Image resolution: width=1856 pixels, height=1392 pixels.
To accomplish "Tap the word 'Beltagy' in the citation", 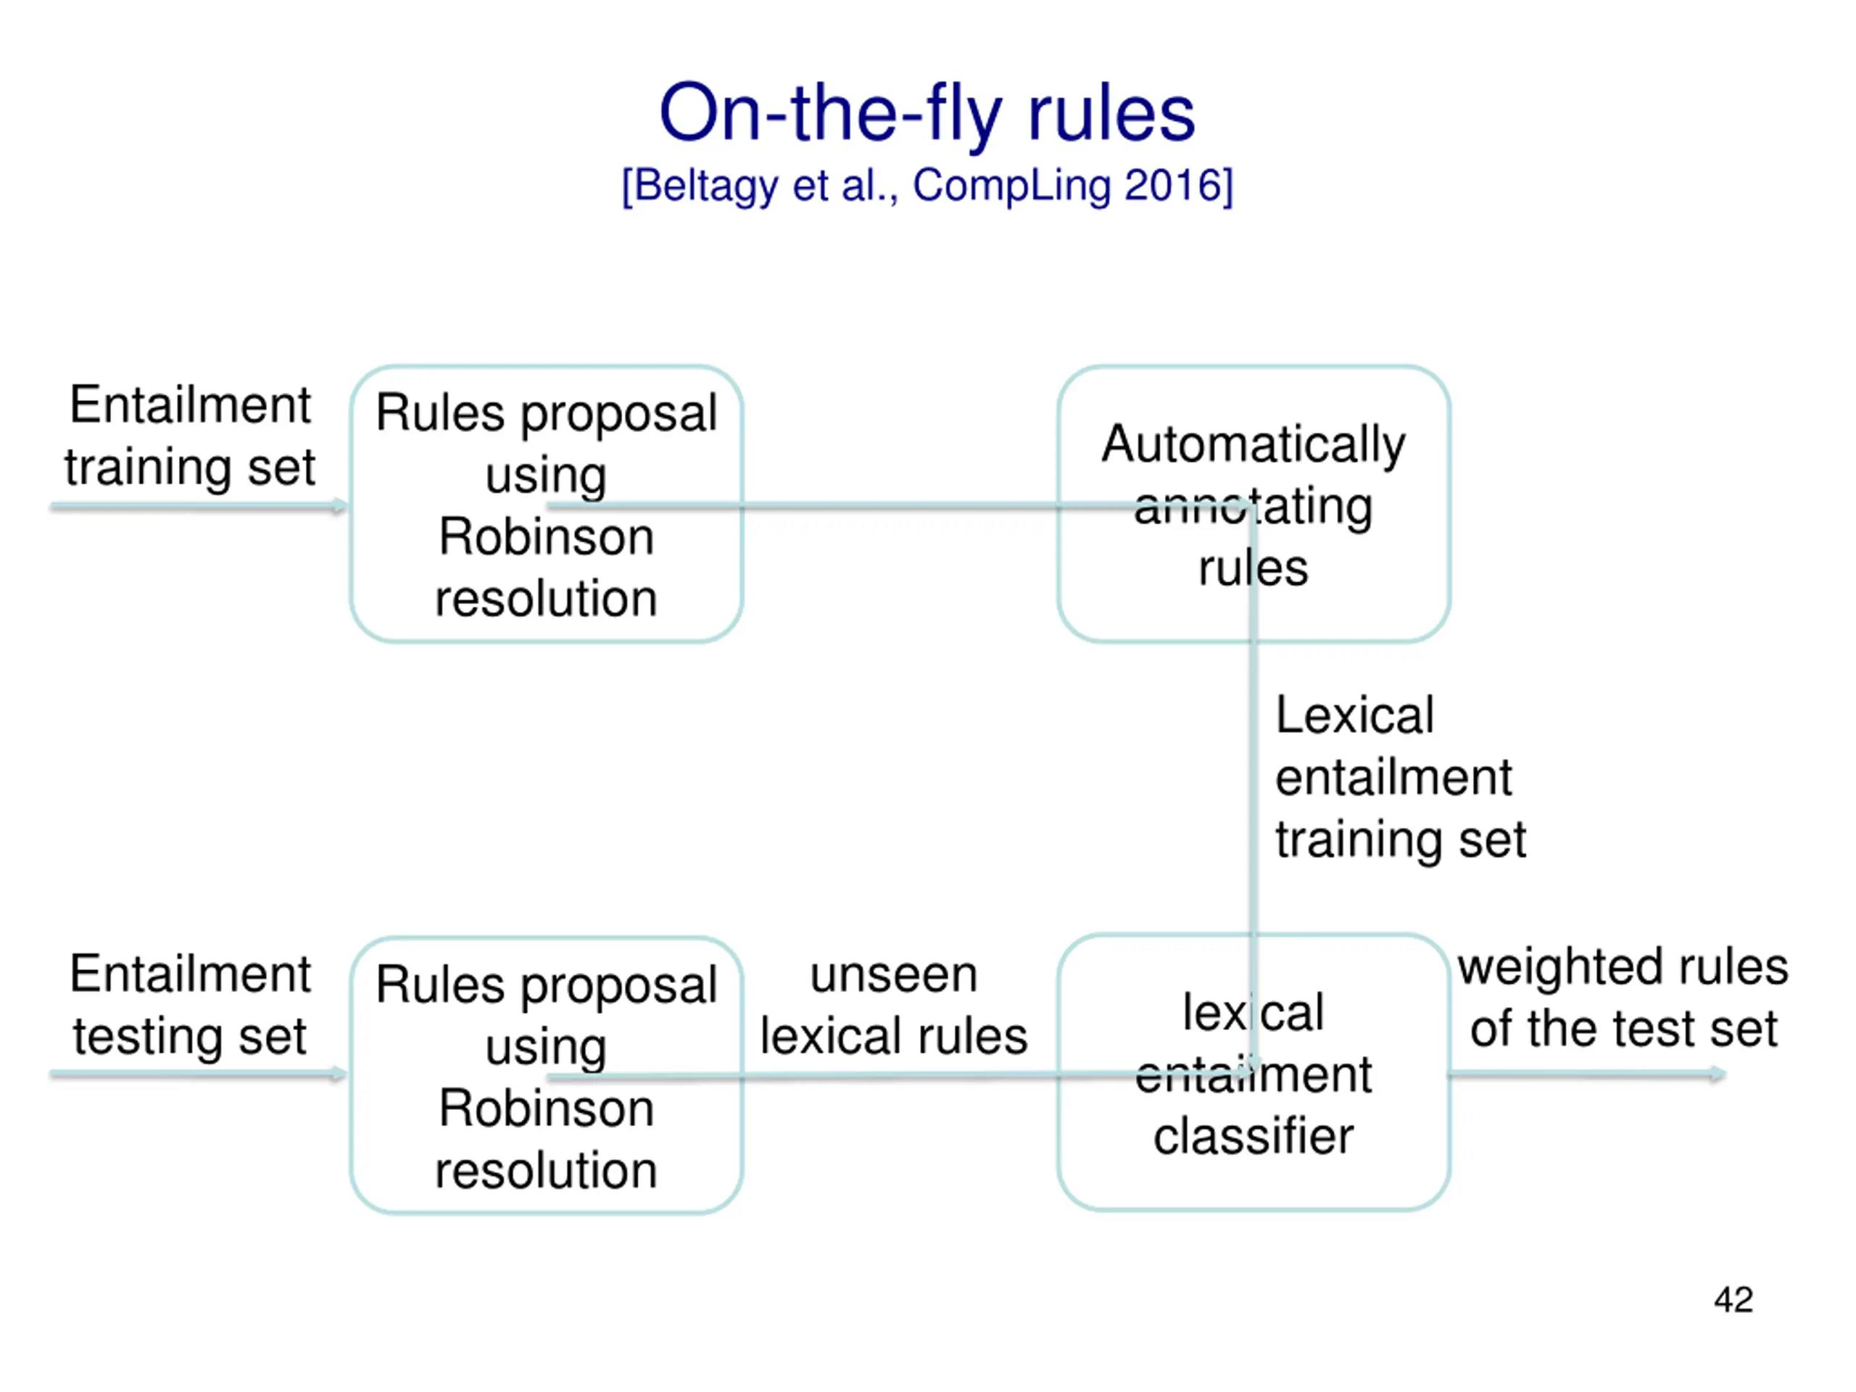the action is click(706, 186).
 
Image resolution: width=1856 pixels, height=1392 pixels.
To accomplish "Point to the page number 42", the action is click(1733, 1300).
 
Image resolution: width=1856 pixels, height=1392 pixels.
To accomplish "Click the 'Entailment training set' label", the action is click(191, 436).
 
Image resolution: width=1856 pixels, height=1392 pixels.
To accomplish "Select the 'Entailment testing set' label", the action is click(191, 1004).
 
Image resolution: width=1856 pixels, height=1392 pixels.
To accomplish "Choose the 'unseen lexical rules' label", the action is click(894, 1004).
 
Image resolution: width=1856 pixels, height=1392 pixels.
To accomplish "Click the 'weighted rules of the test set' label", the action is click(1623, 998).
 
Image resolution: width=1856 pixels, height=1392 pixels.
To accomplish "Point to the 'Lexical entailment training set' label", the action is click(1401, 777).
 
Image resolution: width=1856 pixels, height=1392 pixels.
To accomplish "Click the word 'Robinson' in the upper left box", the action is click(546, 536).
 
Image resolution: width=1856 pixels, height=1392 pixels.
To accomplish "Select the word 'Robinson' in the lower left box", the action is click(546, 1109).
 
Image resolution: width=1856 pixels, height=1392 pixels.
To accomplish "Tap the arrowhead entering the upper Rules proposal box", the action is click(340, 505).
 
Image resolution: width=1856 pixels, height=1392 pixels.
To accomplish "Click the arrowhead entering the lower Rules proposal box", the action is click(340, 1073).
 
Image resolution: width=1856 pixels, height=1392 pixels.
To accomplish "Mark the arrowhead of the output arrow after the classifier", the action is click(1718, 1073).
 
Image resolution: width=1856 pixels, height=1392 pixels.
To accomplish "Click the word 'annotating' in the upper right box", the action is click(1254, 507).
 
